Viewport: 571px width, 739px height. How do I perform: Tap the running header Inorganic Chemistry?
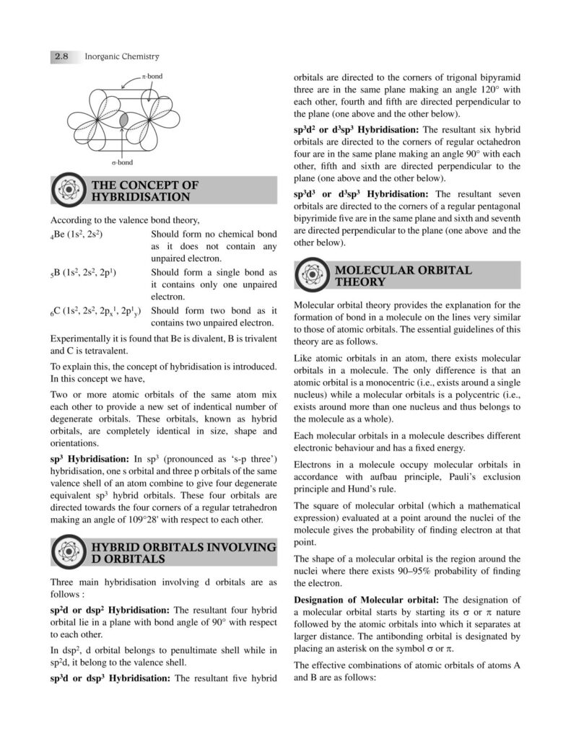121,56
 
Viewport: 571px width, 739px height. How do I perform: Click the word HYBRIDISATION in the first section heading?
141,196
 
